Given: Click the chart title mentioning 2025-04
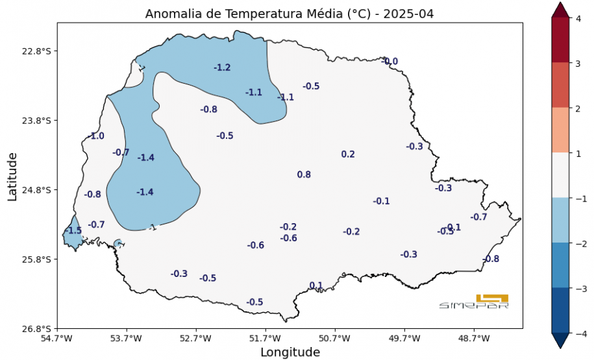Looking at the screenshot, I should click(290, 14).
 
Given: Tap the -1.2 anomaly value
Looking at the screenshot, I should click(222, 67).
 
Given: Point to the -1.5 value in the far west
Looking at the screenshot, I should click(73, 231).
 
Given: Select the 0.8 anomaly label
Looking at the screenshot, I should click(304, 174).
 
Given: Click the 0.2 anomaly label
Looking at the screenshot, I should click(348, 154).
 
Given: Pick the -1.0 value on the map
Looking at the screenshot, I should click(96, 136).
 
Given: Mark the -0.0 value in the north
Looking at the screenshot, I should click(391, 62).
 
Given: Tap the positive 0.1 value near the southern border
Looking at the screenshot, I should click(316, 285).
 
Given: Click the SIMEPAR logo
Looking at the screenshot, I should click(474, 302).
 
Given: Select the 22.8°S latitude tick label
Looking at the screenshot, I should click(37, 51).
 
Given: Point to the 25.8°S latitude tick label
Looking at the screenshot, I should click(37, 259).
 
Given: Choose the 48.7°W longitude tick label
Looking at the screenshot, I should click(474, 338).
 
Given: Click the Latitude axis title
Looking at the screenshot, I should click(12, 176).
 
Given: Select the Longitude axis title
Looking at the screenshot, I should click(290, 352).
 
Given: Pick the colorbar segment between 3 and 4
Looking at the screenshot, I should click(560, 40).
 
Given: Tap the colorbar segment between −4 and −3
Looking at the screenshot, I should click(560, 310).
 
